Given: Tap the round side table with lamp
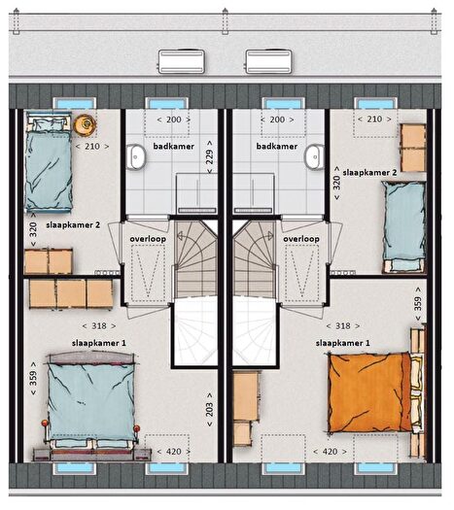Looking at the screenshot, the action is point(86,124).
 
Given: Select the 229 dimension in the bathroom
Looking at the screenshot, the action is point(210,156).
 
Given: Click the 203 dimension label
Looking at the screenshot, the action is point(210,410).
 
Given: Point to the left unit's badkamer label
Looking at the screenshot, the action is point(174,147).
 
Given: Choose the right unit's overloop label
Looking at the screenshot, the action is point(301,239).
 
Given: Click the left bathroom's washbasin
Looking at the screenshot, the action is point(136,157).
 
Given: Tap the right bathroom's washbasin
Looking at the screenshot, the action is point(314,156).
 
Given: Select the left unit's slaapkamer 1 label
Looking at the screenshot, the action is point(98,343).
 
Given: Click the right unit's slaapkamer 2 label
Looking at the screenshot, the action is point(369,173).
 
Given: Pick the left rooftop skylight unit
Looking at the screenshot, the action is point(181,61).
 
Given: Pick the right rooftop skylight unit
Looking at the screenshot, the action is point(269,61).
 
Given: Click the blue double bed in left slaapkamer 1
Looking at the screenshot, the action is point(91,402).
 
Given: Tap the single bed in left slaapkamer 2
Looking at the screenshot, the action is point(49,162).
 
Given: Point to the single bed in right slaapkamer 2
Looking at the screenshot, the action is point(403,226).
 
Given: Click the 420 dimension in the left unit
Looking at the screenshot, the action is point(174,452).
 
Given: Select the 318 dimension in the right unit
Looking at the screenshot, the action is point(343,325).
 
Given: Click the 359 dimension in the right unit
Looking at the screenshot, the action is point(418,304).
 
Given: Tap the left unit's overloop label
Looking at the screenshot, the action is point(148,239).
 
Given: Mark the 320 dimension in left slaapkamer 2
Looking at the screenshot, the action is point(33,230).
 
